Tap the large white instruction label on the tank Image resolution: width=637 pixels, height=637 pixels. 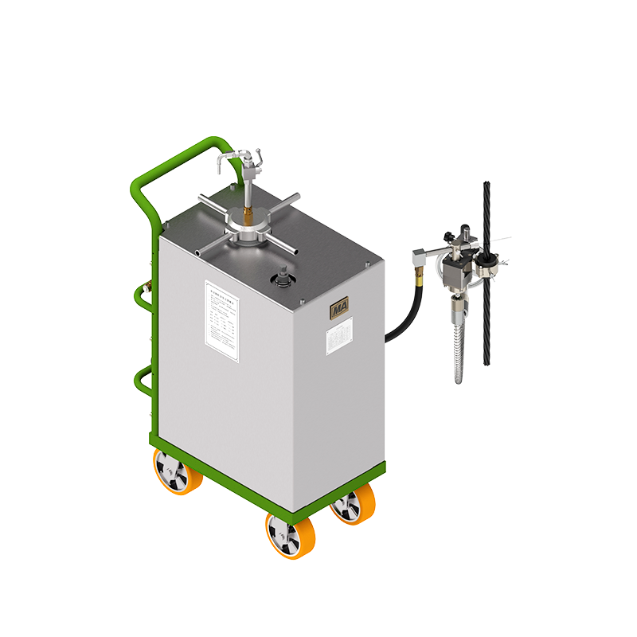225,315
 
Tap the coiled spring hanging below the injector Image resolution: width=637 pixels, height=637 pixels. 461,350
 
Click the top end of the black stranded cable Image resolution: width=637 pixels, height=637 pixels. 486,185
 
